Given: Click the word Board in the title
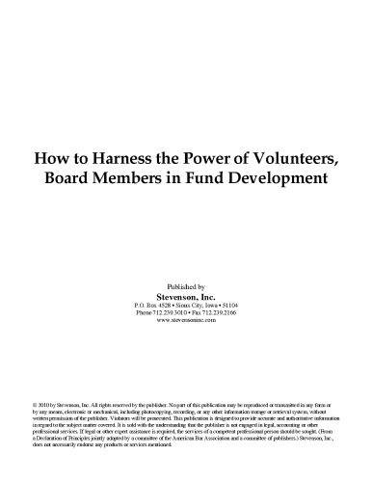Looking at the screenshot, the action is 84,180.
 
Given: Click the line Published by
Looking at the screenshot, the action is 186,287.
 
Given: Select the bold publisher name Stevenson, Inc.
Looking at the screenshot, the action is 186,297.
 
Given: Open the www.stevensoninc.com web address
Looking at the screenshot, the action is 186,320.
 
